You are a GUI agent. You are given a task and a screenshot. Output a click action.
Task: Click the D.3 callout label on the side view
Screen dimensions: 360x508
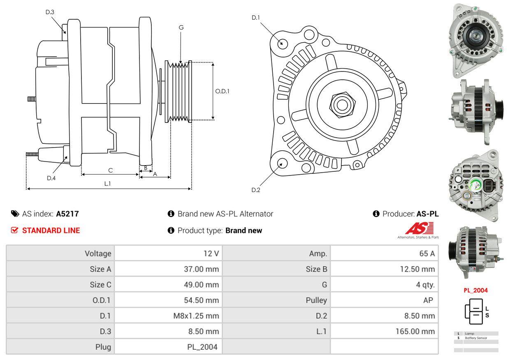[50, 12]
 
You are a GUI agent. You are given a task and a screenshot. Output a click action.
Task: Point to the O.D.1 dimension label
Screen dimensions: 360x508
[222, 91]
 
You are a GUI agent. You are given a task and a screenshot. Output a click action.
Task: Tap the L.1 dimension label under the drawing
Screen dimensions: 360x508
[107, 184]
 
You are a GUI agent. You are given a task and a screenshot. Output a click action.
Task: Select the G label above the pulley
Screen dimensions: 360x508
[181, 28]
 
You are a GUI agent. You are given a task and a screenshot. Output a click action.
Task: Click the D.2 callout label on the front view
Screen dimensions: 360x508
[256, 190]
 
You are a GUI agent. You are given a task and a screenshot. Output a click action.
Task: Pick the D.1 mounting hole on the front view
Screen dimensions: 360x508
[282, 43]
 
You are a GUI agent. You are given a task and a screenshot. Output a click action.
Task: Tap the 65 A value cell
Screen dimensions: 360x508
[427, 254]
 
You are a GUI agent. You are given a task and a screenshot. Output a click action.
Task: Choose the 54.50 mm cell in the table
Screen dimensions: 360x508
[201, 300]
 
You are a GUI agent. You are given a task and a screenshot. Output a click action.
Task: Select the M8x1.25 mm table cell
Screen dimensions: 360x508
[196, 316]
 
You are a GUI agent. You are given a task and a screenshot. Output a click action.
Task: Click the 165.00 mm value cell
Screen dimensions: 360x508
[415, 331]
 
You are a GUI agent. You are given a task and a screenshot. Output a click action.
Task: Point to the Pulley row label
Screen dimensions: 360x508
[316, 300]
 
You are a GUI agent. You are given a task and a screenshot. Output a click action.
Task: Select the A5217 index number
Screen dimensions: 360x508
[67, 214]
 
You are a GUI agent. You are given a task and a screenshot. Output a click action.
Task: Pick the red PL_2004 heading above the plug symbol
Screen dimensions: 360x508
[476, 290]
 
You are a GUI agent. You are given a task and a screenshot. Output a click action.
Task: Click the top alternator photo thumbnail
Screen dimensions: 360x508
[475, 40]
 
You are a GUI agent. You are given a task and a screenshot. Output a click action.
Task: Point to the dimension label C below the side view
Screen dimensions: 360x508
[110, 170]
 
